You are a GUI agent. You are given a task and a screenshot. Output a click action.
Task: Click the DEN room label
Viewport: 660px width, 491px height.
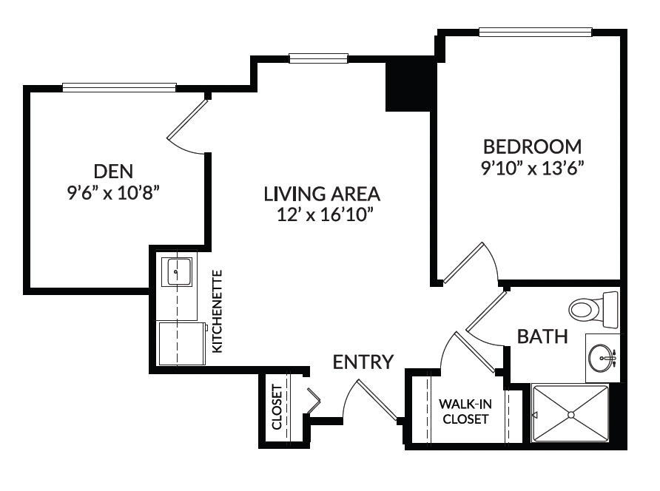[113, 172]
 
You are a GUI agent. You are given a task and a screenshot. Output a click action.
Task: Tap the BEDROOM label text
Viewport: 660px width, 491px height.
[533, 147]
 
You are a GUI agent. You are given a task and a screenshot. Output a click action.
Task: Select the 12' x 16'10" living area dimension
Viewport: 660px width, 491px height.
[326, 214]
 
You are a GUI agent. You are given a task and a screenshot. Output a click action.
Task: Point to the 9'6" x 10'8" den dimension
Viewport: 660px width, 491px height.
[113, 193]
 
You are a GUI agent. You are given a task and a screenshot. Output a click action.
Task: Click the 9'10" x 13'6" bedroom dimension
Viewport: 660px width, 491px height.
[533, 169]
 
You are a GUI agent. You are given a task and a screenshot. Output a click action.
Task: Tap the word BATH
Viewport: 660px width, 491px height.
[542, 336]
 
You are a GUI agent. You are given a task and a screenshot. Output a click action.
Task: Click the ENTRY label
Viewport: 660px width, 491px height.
[363, 362]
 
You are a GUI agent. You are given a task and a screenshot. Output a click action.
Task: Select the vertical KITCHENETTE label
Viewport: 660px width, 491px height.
[218, 311]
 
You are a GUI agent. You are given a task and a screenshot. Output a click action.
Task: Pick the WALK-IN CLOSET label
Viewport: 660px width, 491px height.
[465, 411]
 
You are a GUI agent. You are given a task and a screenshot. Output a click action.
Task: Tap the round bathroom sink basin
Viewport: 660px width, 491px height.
[601, 358]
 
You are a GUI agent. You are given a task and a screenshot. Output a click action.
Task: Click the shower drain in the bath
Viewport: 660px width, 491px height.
[570, 415]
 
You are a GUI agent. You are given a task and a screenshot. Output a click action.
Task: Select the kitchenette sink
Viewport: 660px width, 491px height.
[177, 272]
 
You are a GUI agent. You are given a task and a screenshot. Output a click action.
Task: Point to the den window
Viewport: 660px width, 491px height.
[119, 87]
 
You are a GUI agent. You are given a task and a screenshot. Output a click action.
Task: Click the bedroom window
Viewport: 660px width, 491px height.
[536, 33]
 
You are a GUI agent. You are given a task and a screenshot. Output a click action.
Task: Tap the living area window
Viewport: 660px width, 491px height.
[318, 58]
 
